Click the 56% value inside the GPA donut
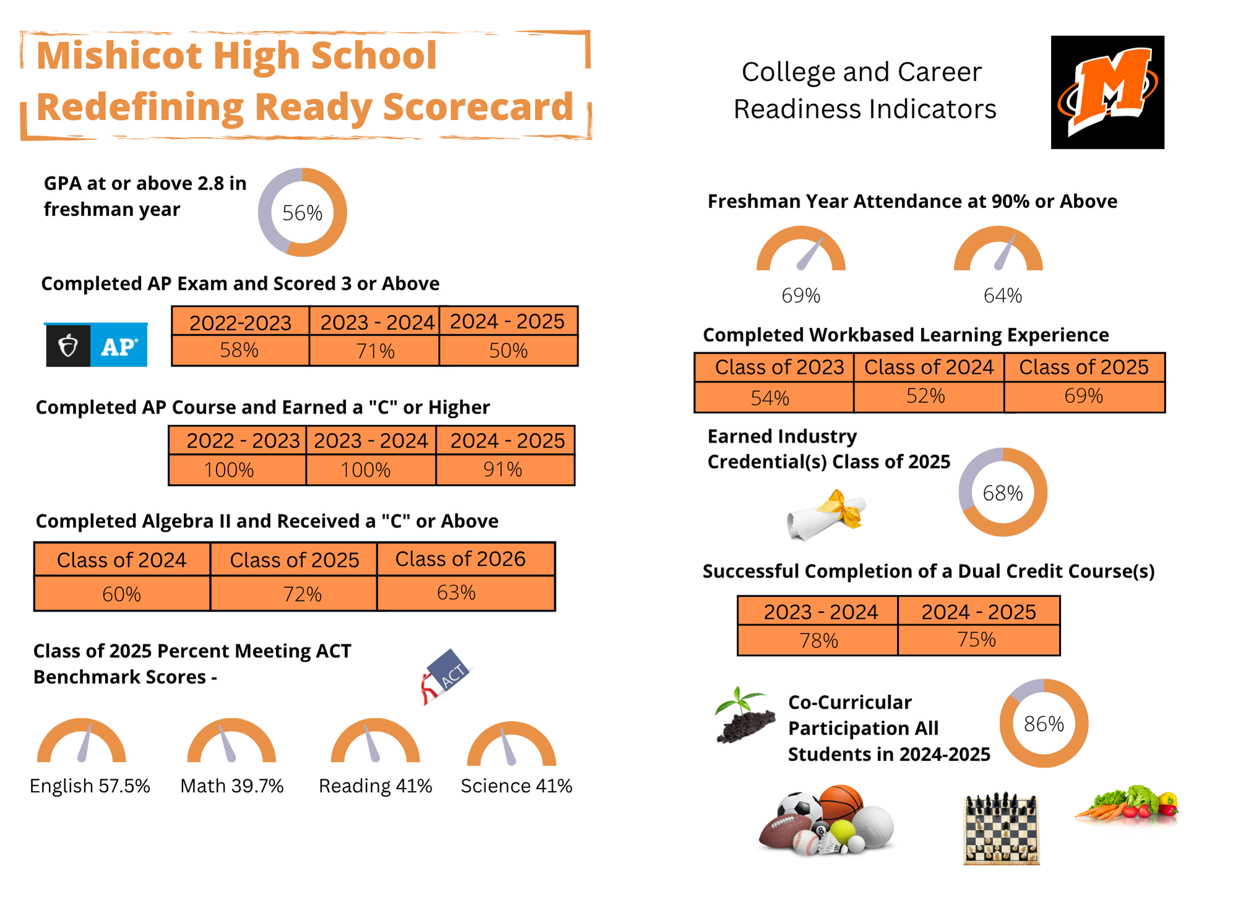tap(302, 213)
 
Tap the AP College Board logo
tap(97, 345)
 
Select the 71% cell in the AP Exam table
tap(374, 351)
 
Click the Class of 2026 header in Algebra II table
tap(460, 559)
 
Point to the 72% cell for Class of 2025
tap(302, 594)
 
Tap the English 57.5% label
tap(90, 786)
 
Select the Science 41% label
tap(516, 786)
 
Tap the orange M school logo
tap(1107, 92)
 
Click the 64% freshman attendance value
tap(1002, 296)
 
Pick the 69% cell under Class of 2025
tap(1083, 396)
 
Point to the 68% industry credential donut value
tap(1002, 493)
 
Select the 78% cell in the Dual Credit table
tap(818, 640)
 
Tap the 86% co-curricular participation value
tap(1044, 724)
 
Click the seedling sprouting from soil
tap(745, 716)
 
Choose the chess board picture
tap(1002, 829)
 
